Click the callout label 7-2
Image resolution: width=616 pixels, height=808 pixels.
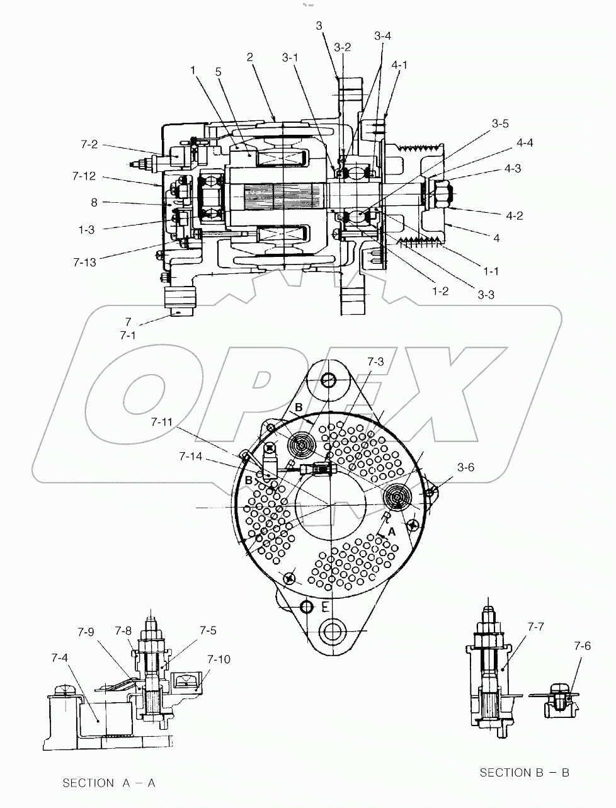[x=89, y=145]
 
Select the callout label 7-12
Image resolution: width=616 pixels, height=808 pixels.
[x=84, y=176]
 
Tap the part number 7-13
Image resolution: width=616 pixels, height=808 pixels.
[x=84, y=261]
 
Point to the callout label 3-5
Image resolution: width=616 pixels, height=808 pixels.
[x=499, y=123]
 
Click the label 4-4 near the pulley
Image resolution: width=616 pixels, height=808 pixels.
[x=524, y=143]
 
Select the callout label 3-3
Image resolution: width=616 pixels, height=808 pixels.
[x=485, y=294]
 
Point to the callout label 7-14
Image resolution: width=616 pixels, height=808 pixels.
[x=191, y=455]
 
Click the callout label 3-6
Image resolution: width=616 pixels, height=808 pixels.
[x=466, y=467]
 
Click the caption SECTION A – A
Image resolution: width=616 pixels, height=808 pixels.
[x=108, y=783]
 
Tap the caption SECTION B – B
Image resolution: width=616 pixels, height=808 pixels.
[x=524, y=772]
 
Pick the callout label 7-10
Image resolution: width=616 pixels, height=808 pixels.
[x=218, y=659]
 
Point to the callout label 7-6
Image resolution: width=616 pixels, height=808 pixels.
[x=583, y=646]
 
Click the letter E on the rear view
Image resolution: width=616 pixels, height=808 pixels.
[x=324, y=606]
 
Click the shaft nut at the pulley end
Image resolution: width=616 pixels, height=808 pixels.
[x=440, y=189]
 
